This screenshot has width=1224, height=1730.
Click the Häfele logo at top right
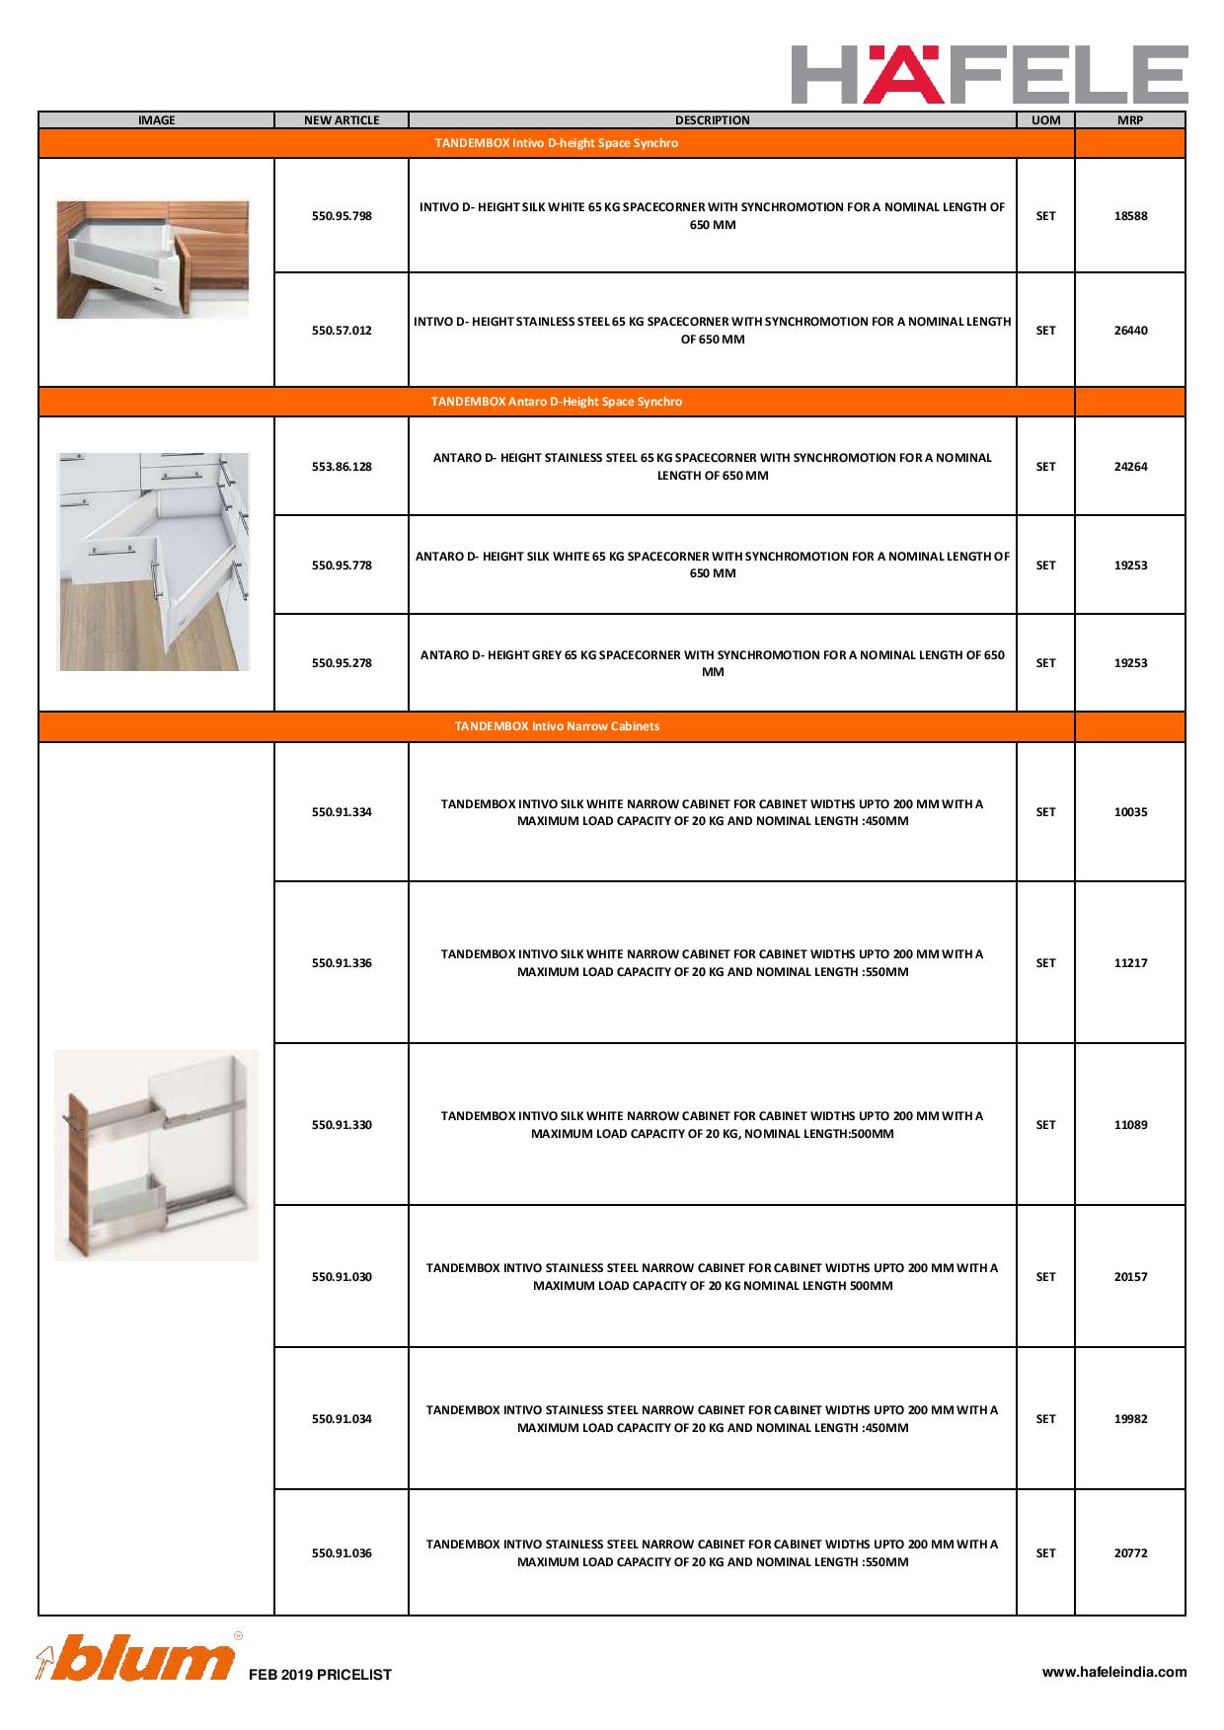[989, 74]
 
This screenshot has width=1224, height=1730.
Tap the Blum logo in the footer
[137, 1658]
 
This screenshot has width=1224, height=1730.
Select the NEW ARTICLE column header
[342, 120]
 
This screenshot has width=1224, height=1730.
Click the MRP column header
[1130, 120]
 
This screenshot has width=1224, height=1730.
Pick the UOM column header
[1045, 120]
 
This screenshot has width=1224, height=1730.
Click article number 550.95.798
[342, 216]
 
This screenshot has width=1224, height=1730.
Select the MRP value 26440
[1130, 331]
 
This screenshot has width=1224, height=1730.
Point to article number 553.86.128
[342, 467]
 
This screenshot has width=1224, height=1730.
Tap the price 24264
[1130, 467]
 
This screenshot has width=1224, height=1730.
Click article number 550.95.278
[342, 663]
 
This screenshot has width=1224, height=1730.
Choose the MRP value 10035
[1130, 812]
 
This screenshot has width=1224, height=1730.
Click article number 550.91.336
[342, 963]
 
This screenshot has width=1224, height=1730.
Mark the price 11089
[1130, 1125]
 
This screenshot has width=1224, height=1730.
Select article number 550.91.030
[342, 1277]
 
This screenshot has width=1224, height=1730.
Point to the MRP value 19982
[1130, 1419]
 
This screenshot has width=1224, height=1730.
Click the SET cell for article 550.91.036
[1045, 1553]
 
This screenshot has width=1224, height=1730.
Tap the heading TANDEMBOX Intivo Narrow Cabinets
[557, 726]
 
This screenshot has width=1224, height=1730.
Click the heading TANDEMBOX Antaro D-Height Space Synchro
[557, 402]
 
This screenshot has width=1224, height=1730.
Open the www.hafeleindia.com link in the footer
[1114, 1672]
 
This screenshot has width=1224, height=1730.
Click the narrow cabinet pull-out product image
[156, 1155]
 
